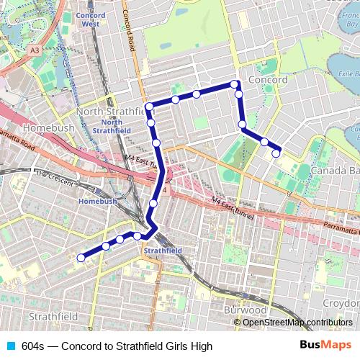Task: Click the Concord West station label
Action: pos(90,19)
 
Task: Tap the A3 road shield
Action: pos(35,50)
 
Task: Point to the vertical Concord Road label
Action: pos(130,29)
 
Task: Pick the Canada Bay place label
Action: pos(336,171)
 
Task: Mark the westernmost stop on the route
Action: pos(81,256)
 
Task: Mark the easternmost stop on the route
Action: pos(276,153)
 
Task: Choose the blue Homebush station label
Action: pos(98,202)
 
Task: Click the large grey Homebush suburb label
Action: pos(44,128)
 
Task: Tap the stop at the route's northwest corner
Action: pos(149,107)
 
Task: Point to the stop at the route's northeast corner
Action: pos(235,85)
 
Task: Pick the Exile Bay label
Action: pos(347,73)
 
